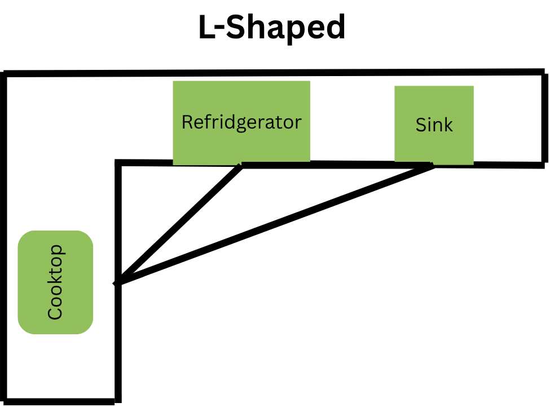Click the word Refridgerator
pos(241,122)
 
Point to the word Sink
pos(434,125)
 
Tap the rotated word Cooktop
pos(55,282)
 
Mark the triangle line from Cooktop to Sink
pos(276,223)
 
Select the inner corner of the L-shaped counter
pos(118,163)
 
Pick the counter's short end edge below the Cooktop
pos(61,401)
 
